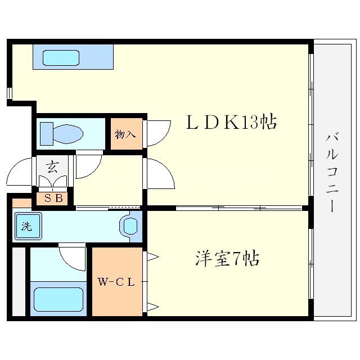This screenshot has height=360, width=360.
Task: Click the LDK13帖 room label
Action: [231, 123]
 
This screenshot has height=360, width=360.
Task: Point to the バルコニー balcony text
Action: [332, 172]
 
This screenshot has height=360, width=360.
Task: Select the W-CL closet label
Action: [117, 282]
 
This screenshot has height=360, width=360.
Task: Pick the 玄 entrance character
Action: [52, 166]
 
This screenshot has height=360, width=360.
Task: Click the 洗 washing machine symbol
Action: [26, 227]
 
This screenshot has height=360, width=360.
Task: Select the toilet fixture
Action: [62, 133]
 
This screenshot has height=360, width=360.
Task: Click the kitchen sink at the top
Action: [61, 57]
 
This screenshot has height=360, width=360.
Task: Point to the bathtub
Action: [58, 299]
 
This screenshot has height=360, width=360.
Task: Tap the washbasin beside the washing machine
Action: [129, 227]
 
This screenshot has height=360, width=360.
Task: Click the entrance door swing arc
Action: [21, 172]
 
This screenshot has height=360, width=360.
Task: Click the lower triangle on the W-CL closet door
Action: [152, 307]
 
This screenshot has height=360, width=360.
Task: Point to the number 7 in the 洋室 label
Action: [237, 259]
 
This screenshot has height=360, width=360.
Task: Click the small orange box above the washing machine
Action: [22, 202]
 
